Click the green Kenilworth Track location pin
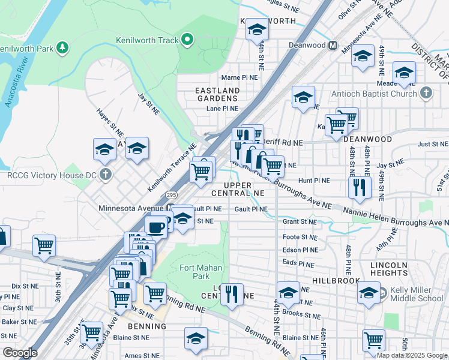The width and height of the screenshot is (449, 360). (187, 40)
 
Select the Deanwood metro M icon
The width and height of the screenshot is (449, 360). (332, 45)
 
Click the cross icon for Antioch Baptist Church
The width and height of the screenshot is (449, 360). (426, 93)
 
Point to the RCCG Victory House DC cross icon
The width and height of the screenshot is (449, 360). (106, 175)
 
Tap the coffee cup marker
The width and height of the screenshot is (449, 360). (156, 227)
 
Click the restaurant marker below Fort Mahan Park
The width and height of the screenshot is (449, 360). (232, 294)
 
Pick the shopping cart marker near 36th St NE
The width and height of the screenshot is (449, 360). (44, 245)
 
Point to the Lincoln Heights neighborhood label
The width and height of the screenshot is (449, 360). (388, 269)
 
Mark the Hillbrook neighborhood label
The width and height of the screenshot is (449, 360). (336, 280)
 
